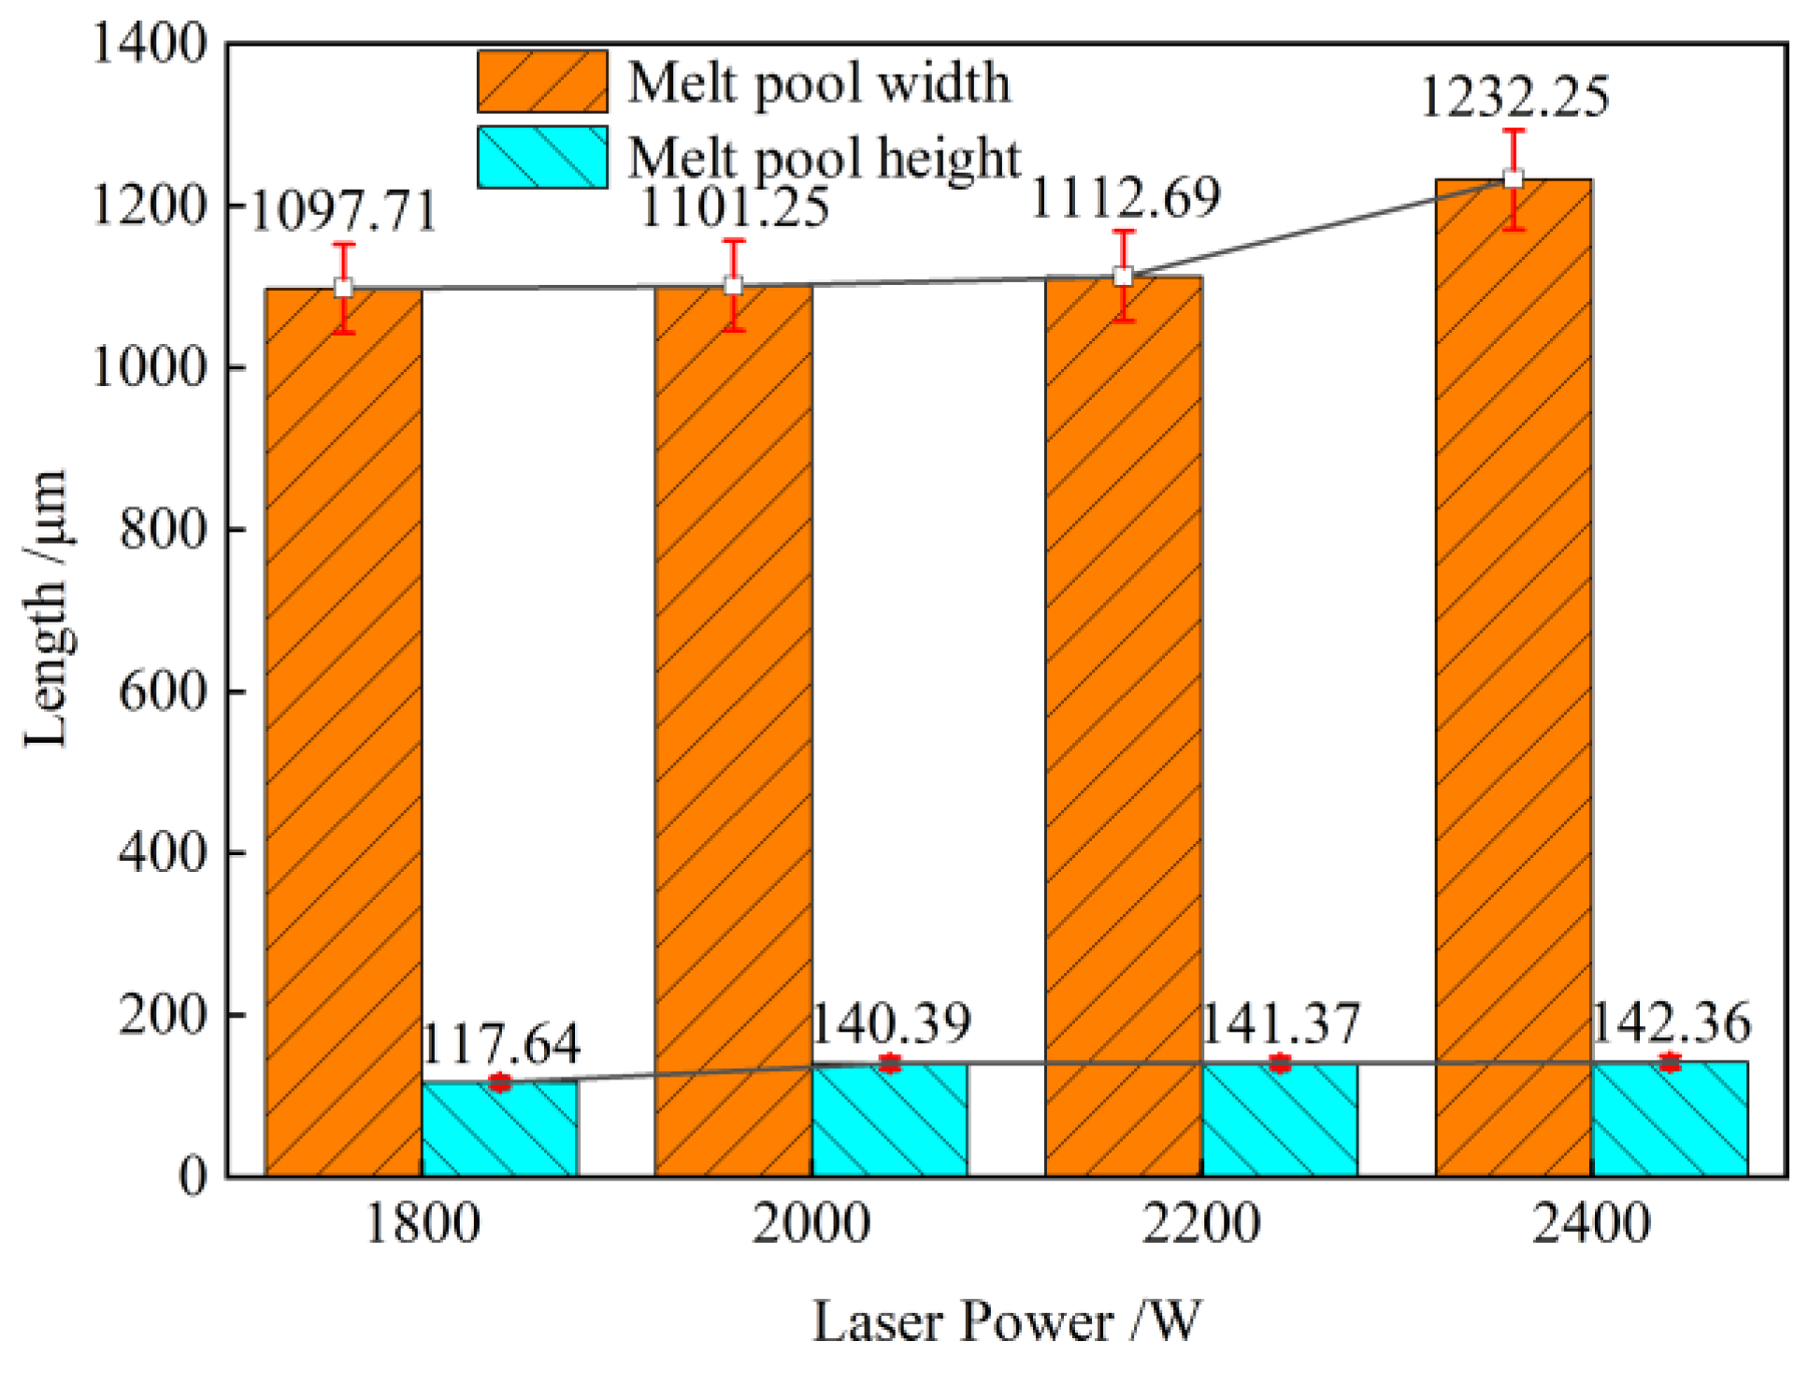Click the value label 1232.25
(1514, 97)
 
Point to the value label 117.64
(500, 1044)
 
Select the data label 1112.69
(1125, 197)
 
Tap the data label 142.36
(1670, 1022)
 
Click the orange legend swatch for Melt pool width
(542, 82)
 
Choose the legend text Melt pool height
(824, 157)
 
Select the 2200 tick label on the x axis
(1200, 1222)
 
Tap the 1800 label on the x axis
(422, 1222)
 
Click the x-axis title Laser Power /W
(1006, 1321)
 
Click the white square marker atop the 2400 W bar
(1513, 178)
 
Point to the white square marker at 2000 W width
(734, 285)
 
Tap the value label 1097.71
(343, 211)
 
